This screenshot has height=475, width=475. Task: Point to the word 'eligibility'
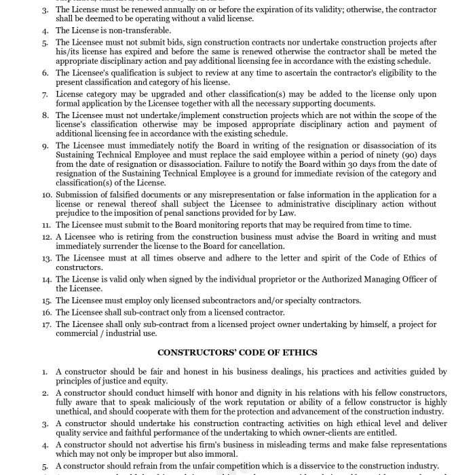pyautogui.click(x=397, y=73)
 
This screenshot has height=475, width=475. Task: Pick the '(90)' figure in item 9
pyautogui.click(x=389, y=155)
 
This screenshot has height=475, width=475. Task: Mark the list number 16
pyautogui.click(x=46, y=312)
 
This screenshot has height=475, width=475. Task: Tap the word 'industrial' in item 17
pyautogui.click(x=126, y=333)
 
